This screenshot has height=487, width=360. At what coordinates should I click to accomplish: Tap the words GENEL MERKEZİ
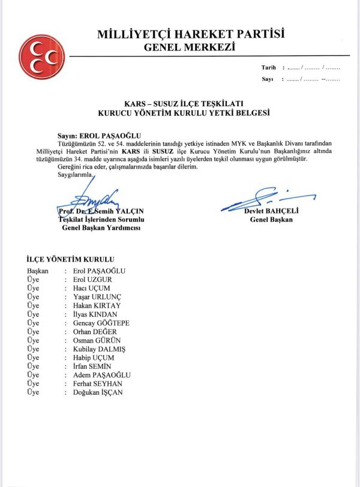click(190, 47)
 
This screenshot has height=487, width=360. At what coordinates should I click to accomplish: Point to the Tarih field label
click(268, 68)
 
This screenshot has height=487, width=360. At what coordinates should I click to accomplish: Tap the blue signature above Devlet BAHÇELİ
click(267, 198)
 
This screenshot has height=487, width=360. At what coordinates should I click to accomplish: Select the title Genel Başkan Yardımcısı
click(100, 229)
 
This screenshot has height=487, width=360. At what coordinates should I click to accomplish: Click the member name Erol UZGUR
click(92, 279)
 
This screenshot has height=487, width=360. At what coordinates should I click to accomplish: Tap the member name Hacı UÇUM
click(91, 288)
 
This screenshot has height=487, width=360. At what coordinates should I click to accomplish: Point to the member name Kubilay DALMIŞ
click(99, 349)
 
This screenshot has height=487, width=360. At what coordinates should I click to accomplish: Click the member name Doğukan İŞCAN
click(99, 392)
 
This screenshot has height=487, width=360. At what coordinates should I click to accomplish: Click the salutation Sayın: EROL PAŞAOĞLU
click(100, 136)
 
